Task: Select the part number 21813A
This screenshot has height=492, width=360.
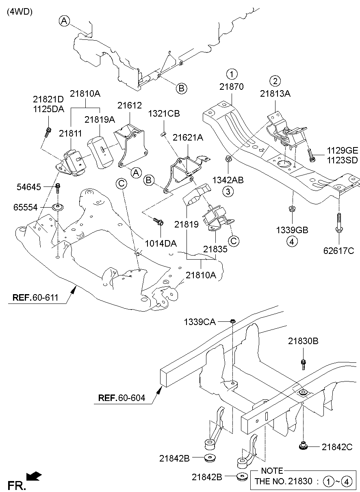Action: [x=275, y=93]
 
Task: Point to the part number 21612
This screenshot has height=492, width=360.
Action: [x=130, y=106]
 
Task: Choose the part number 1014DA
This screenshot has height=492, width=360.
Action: [x=161, y=243]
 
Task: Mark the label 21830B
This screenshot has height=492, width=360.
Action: [x=304, y=342]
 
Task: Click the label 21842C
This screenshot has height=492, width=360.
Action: [x=337, y=447]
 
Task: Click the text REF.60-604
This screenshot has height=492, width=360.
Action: [x=121, y=398]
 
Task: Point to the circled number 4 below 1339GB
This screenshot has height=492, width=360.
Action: [x=291, y=241]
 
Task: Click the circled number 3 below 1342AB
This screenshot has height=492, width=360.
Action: [x=228, y=191]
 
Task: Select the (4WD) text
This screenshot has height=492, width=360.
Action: [x=19, y=12]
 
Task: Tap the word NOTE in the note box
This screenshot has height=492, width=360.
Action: [x=272, y=471]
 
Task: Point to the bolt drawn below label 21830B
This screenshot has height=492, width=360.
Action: [x=303, y=364]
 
